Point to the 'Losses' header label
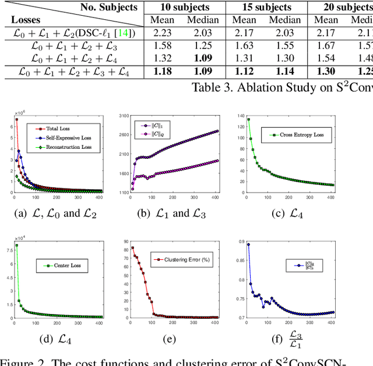26,20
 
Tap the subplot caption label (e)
172,336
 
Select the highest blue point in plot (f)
248,245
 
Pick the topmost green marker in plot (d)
15,245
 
